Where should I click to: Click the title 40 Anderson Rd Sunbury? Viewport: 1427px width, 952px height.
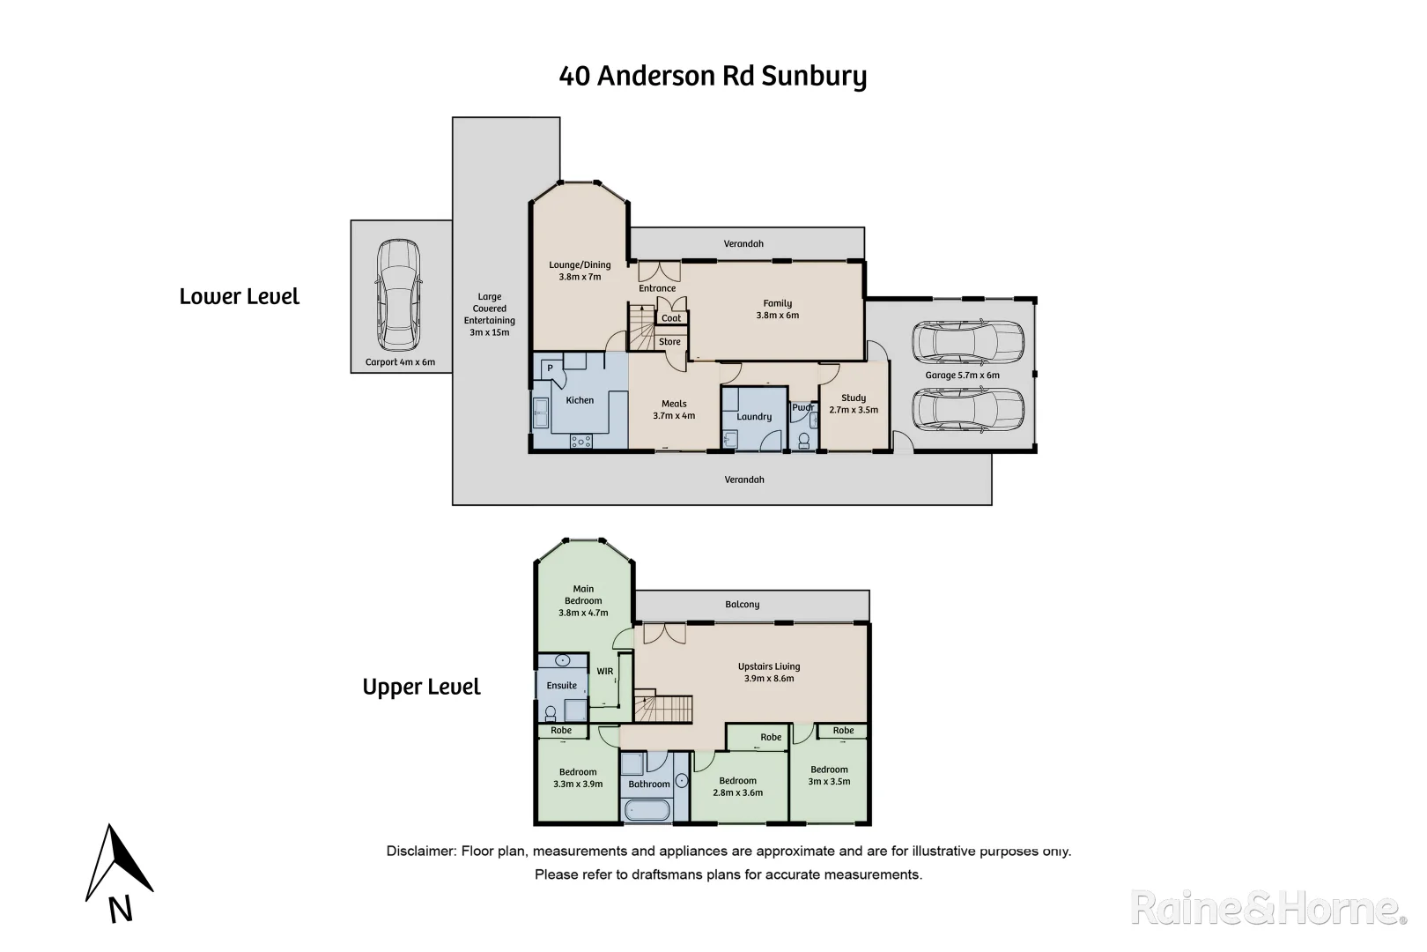(713, 76)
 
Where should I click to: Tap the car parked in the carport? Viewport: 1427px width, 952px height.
(398, 295)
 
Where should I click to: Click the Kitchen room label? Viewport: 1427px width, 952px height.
(580, 400)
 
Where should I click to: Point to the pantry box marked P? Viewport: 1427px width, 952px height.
(550, 368)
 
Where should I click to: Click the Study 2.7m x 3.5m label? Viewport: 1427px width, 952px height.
(854, 404)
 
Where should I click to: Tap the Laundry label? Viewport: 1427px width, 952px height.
(754, 417)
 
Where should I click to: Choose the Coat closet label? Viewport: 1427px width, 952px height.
(671, 318)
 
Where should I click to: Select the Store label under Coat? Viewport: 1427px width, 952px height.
(669, 342)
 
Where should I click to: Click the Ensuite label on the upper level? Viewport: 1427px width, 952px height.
(562, 686)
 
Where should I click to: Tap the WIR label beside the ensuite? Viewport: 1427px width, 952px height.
(605, 672)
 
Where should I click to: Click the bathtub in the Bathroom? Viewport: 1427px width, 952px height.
(647, 810)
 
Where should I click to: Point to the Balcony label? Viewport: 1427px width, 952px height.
(743, 605)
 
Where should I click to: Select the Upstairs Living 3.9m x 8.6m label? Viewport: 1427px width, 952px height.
(769, 673)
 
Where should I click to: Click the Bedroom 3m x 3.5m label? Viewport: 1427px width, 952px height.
(829, 775)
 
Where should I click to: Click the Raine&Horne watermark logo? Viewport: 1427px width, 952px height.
(1268, 908)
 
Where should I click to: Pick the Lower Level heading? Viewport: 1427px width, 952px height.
(240, 297)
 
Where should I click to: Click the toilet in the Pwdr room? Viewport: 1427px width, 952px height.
(802, 441)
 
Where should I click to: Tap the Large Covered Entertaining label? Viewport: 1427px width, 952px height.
(490, 315)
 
